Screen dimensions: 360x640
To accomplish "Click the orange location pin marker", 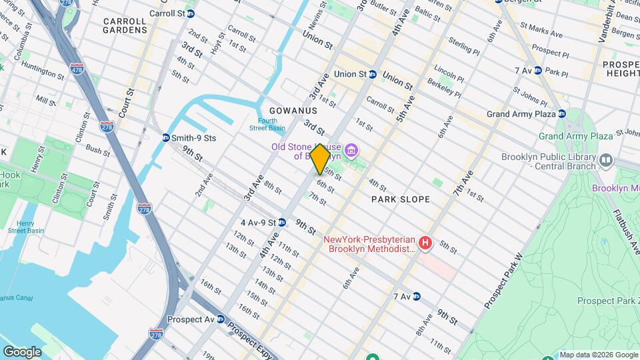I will tap(320, 159).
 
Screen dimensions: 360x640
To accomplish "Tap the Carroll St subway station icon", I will tap(191, 13).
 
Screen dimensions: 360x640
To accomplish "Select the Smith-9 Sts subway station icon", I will tap(165, 138).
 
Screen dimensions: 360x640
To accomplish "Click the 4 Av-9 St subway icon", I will tap(282, 222).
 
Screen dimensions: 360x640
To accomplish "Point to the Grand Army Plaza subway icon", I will tap(562, 114).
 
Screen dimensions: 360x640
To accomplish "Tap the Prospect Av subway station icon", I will tap(220, 319).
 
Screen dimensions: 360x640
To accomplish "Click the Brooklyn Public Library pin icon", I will tap(606, 161).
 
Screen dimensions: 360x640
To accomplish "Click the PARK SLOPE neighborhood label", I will tap(401, 199).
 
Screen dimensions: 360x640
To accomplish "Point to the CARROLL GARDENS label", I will tap(125, 25).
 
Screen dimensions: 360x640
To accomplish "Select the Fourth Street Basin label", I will tap(267, 124).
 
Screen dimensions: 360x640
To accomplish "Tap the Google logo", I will tap(22, 352).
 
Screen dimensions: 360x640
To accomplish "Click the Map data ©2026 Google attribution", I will tap(599, 355).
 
